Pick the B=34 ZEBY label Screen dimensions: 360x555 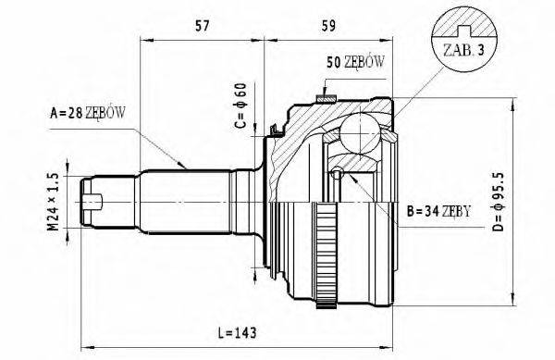pyautogui.click(x=439, y=211)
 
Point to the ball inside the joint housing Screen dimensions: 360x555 pyautogui.click(x=357, y=130)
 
